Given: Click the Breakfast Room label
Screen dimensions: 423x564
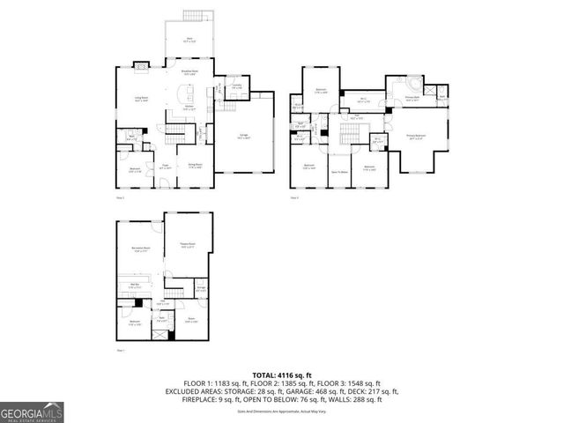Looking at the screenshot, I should click(189, 72).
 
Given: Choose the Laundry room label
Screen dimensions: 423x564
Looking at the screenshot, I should click(237, 85).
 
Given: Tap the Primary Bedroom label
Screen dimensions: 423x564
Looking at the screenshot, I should click(416, 136).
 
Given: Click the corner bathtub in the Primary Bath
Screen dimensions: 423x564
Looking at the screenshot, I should click(408, 84).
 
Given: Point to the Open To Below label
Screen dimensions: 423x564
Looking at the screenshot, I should click(338, 171).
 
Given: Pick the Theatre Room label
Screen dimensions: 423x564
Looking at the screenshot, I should click(186, 246).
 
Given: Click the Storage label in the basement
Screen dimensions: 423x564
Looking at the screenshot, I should click(201, 288).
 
